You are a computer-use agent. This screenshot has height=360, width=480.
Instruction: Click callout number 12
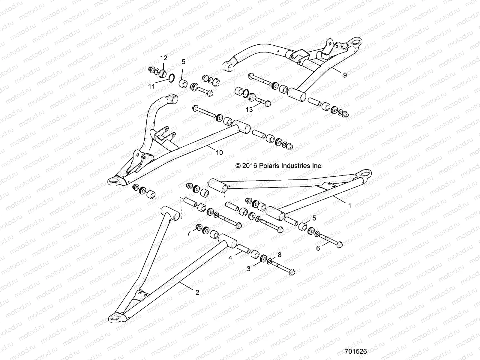click(x=163, y=58)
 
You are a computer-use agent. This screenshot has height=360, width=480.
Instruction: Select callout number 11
click(x=152, y=86)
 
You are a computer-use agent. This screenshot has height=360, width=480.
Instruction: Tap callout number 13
click(x=249, y=110)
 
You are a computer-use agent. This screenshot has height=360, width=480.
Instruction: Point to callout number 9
click(x=345, y=75)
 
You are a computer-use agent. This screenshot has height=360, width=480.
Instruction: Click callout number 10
click(x=219, y=153)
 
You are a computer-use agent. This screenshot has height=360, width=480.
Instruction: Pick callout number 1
click(x=349, y=206)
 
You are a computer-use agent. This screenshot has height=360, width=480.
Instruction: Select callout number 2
click(x=197, y=293)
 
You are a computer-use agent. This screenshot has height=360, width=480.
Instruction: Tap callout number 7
click(x=189, y=233)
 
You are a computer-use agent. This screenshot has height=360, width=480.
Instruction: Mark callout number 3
click(x=248, y=269)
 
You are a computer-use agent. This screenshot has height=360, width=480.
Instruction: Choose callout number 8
click(x=279, y=255)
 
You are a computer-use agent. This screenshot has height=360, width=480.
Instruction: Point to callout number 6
click(x=318, y=248)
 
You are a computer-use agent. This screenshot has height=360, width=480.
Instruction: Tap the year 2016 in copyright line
click(x=249, y=165)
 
